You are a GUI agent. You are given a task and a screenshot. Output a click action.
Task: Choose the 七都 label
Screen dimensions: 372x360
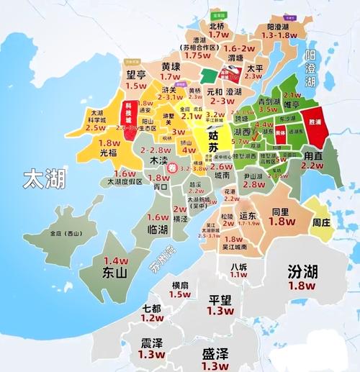click(x=152, y=307)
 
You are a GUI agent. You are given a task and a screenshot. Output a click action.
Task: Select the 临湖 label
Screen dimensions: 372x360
click(x=158, y=229)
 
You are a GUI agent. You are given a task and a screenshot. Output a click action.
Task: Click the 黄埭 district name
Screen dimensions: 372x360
click(x=170, y=65)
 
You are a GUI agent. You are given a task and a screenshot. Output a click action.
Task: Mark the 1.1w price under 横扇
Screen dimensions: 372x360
click(x=181, y=296)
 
